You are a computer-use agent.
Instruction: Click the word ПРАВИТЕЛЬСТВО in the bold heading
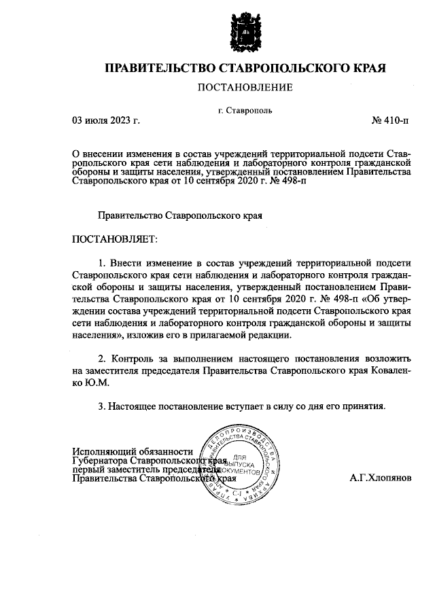click(x=158, y=68)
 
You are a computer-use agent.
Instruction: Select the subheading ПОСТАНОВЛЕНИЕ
click(x=245, y=88)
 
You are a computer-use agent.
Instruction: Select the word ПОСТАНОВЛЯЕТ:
click(x=114, y=239)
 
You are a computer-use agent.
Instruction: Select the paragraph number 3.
click(x=101, y=406)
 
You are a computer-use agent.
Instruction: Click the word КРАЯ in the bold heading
click(x=366, y=68)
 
